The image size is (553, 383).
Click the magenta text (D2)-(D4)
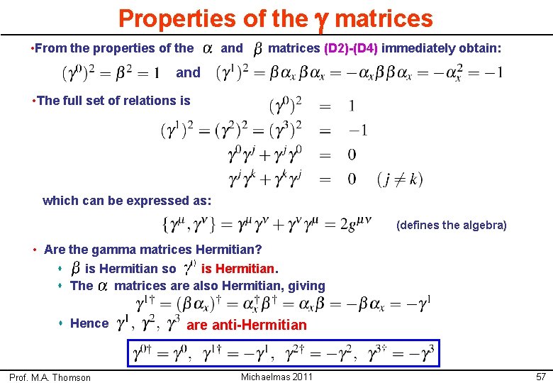351,49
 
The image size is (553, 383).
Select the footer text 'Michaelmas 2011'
276,376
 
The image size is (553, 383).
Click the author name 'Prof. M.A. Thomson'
50,377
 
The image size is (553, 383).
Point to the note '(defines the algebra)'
452,226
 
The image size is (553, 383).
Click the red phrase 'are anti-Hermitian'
246,325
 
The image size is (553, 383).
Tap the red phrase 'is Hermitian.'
240,269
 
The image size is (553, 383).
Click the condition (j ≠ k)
400,178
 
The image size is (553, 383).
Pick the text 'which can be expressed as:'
127,201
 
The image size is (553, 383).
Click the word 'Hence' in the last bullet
90,323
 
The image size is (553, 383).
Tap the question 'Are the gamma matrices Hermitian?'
152,250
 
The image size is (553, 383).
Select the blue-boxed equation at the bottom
283,351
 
